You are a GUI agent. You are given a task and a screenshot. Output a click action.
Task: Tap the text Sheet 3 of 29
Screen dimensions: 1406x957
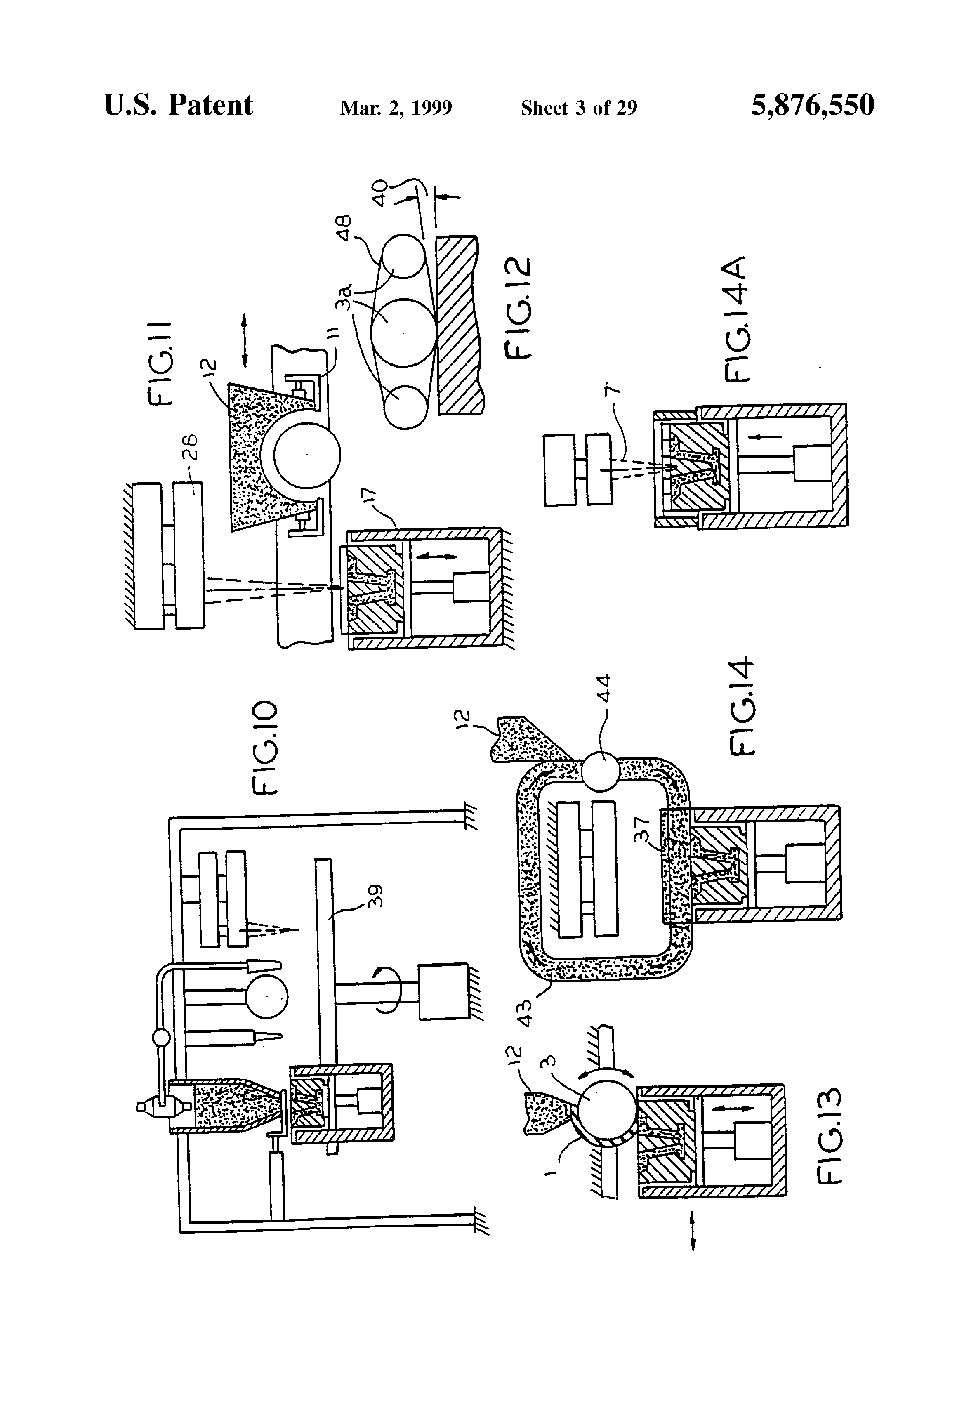tap(578, 108)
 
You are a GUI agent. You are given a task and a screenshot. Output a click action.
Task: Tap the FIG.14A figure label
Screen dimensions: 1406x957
tap(736, 319)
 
